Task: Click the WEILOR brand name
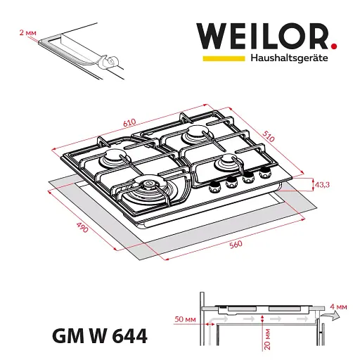click(262, 36)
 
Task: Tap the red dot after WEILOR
click(334, 46)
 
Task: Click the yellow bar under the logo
click(224, 58)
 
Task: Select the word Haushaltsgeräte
click(289, 58)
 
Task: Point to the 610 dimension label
click(129, 123)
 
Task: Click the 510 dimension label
click(268, 136)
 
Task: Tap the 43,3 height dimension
click(322, 185)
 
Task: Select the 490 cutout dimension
click(82, 227)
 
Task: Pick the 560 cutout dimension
click(236, 245)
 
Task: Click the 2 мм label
click(27, 32)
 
